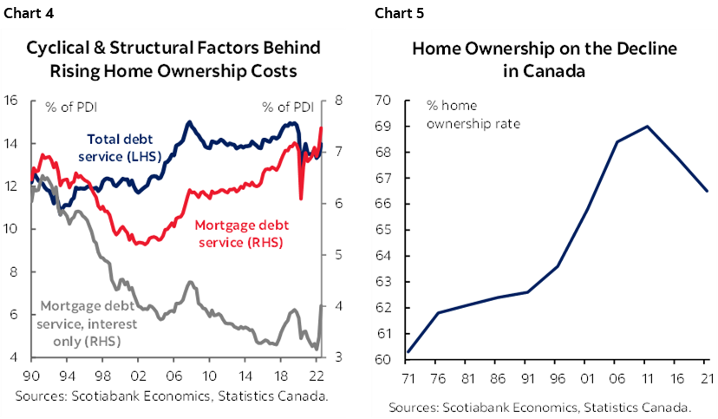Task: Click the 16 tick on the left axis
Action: (11, 100)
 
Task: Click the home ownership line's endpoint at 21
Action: (708, 191)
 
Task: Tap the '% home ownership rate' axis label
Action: (473, 115)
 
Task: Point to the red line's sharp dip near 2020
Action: (301, 199)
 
